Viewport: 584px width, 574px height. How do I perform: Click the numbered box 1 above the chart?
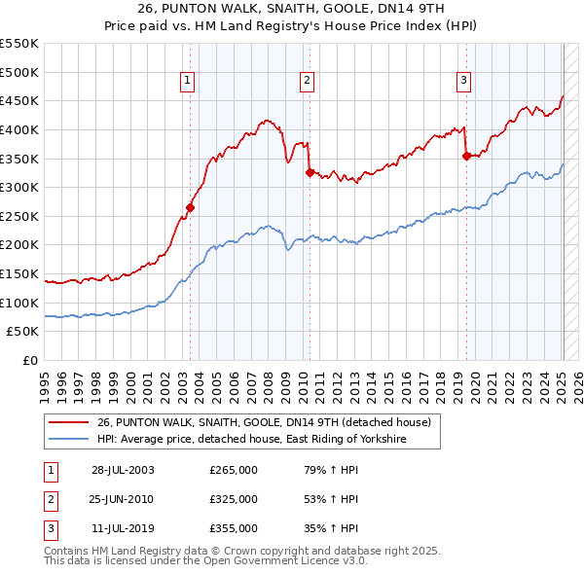tap(186, 81)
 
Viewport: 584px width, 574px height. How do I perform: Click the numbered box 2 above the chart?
tap(307, 81)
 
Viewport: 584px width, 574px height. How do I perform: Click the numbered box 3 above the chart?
tap(464, 81)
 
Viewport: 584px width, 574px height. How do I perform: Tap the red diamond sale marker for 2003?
tap(191, 206)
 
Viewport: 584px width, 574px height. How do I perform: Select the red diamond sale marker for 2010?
tap(310, 172)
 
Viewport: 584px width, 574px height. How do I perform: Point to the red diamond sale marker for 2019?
tap(467, 155)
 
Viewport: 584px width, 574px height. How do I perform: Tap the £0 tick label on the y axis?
tap(30, 360)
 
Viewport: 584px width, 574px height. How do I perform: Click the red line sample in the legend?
tap(68, 422)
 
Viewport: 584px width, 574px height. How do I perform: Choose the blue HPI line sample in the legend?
tap(68, 440)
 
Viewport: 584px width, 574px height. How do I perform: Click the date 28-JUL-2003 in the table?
tap(123, 471)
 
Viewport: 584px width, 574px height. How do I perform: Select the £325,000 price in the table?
tap(234, 499)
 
